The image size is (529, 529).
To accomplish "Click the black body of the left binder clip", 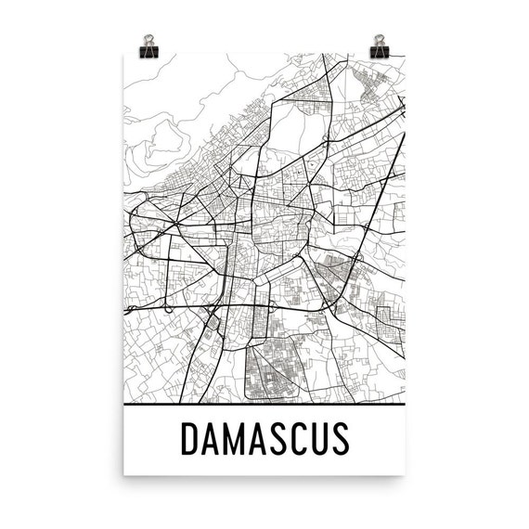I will [148, 47].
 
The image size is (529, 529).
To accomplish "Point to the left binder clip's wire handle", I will [148, 37].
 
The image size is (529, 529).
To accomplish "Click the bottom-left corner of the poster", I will [125, 475].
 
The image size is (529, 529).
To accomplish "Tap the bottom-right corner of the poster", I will [405, 475].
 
